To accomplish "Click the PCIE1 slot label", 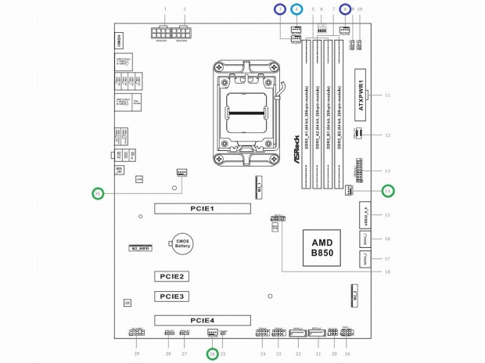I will tap(202, 209).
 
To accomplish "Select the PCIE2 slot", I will tap(171, 277).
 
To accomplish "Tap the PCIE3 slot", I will tap(171, 297).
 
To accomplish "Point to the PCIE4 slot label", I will tap(202, 319).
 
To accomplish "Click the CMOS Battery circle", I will tap(183, 244).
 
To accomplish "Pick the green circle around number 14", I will tap(388, 190).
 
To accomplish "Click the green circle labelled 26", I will tap(211, 354).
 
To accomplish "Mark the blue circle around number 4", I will tap(296, 9).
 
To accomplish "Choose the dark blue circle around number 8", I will tap(345, 9).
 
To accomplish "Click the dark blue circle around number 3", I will tap(279, 9).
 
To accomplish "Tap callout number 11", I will tap(387, 95).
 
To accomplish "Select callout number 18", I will tap(386, 272).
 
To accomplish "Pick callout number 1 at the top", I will tap(167, 9).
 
